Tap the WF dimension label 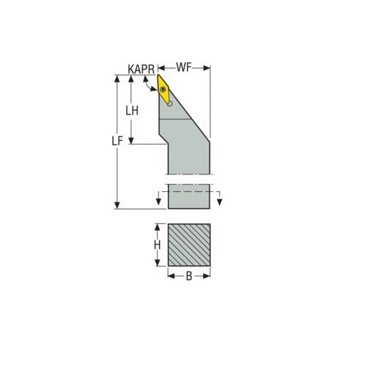point(184,68)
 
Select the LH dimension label point(133,111)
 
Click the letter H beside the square point(157,246)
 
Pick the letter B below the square point(189,277)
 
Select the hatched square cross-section point(189,245)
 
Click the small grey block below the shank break point(189,196)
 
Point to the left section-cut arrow point(158,201)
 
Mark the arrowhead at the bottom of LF point(118,205)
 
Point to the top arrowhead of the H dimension point(157,227)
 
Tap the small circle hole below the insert point(169,104)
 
